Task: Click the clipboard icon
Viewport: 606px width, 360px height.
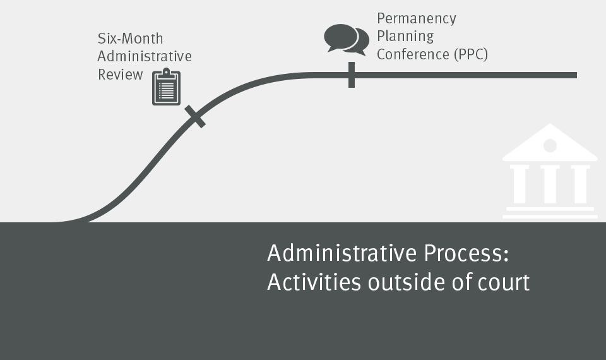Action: click(x=166, y=87)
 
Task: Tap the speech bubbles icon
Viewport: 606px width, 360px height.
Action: click(x=347, y=40)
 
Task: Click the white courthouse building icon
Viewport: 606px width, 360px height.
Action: click(x=550, y=171)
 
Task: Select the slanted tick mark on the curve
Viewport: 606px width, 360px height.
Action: click(x=195, y=116)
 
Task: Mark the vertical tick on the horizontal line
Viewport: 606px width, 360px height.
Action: click(x=352, y=75)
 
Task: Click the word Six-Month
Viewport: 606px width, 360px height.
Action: click(x=130, y=39)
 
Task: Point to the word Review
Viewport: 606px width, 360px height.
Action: click(x=120, y=75)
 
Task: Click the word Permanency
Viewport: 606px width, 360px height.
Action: click(x=417, y=19)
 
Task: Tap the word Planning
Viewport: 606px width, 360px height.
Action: click(x=405, y=37)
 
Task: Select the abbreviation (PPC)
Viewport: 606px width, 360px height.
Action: click(x=471, y=54)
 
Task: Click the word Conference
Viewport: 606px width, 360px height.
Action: click(x=413, y=54)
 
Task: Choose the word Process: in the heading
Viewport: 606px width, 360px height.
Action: click(x=466, y=253)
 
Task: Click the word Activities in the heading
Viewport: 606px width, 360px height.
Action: click(x=314, y=282)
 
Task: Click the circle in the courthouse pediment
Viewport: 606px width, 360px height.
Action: click(x=550, y=146)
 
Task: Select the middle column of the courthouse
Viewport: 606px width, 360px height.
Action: click(x=550, y=184)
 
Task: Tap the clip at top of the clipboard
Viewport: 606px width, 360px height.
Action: click(x=166, y=72)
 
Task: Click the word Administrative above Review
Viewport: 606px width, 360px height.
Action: click(x=145, y=56)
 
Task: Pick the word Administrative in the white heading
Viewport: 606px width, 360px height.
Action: click(x=342, y=253)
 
